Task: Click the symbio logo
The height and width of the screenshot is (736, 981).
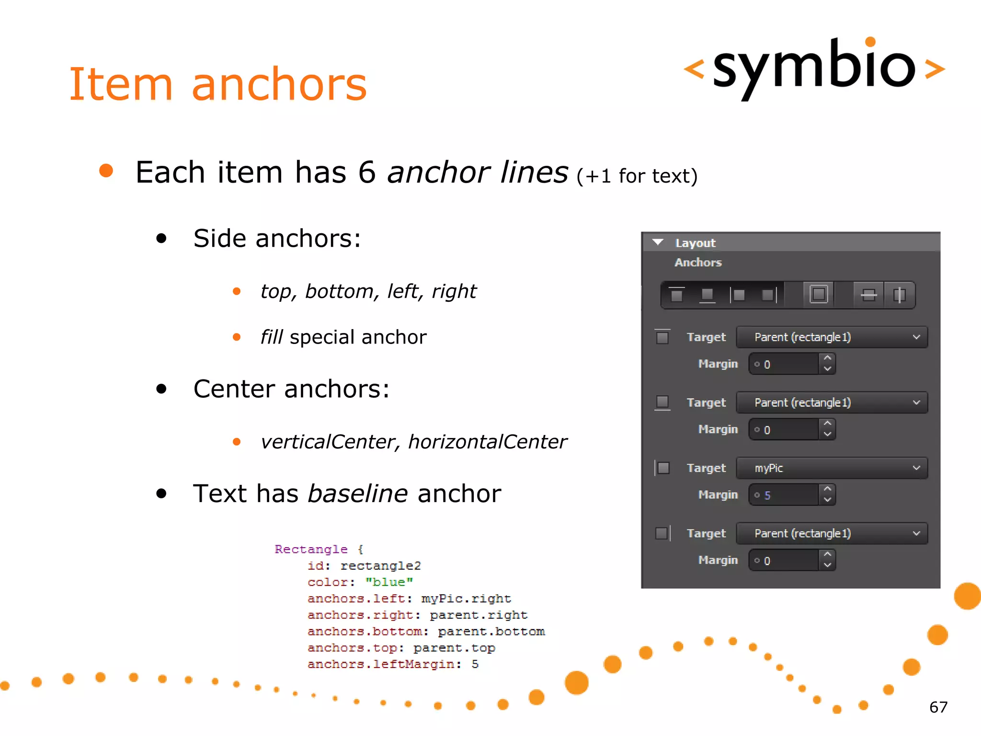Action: click(x=814, y=67)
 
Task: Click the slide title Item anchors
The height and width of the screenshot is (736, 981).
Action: click(x=218, y=84)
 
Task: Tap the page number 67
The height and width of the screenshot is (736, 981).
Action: click(x=938, y=707)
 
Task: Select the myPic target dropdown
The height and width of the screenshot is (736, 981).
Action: click(x=832, y=468)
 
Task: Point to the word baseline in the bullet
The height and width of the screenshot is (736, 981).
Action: click(x=357, y=494)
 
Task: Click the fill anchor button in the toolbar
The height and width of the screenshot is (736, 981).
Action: click(x=819, y=294)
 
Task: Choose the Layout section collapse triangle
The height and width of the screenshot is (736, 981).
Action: click(x=658, y=242)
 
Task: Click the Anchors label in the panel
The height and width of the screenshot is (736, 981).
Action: click(x=698, y=263)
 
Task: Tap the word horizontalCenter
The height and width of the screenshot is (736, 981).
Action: click(x=487, y=442)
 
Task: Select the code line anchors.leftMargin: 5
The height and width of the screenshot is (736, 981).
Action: click(x=393, y=664)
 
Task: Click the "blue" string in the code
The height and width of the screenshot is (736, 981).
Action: click(x=389, y=582)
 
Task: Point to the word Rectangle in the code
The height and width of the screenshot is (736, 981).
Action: click(x=311, y=549)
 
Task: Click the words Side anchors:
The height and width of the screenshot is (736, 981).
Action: click(x=277, y=239)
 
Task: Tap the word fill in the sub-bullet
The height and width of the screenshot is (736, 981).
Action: click(x=272, y=337)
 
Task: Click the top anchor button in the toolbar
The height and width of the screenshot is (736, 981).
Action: click(x=676, y=295)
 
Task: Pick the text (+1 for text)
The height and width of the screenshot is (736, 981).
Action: click(x=637, y=176)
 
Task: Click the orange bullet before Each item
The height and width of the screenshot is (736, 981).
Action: click(x=106, y=171)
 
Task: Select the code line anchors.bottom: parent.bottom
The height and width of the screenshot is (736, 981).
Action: click(x=426, y=632)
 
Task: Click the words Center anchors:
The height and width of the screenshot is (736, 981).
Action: click(x=291, y=389)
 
